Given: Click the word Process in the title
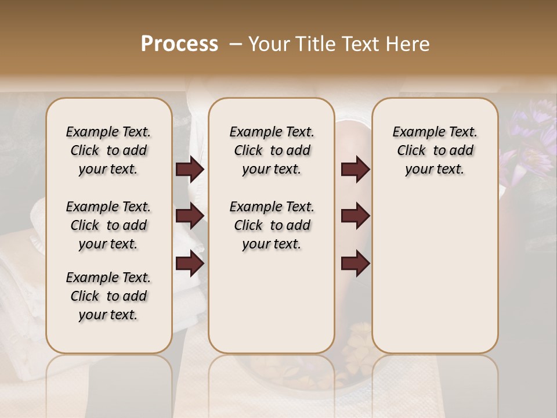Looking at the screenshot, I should click(179, 44).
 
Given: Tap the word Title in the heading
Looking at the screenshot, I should click(314, 44).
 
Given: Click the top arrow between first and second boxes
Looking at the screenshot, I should click(190, 170).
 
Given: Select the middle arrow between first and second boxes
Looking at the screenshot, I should click(190, 216).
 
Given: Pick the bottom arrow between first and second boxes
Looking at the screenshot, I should click(190, 264).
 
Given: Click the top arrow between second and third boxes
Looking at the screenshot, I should click(355, 170).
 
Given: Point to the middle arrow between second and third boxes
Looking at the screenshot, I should click(355, 216).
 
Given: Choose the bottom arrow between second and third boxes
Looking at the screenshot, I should click(355, 264).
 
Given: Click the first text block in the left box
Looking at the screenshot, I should click(108, 150).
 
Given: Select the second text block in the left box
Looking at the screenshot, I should click(108, 225).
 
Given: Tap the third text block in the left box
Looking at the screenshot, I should click(108, 296).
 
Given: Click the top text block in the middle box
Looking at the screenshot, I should click(272, 150).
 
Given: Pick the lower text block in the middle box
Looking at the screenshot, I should click(272, 225).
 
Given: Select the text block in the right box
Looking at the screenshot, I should click(435, 150).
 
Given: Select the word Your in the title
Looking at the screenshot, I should click(269, 44).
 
